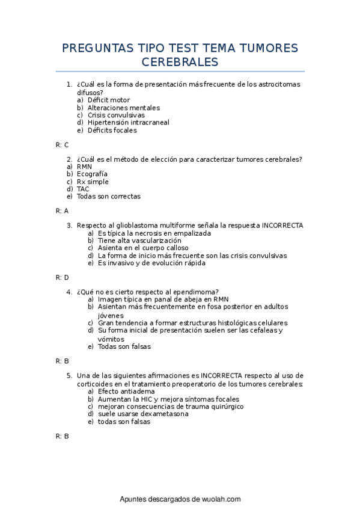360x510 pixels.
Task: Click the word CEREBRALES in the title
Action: point(180,63)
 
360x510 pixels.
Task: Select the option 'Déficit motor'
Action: point(108,100)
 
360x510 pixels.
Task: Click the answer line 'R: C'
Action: point(62,144)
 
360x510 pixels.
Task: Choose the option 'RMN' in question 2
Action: point(84,167)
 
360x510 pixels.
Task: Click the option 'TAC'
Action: point(83,189)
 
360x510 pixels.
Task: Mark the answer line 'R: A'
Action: point(62,210)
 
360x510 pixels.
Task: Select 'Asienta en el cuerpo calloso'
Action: point(143,248)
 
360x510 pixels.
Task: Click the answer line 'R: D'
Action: point(62,277)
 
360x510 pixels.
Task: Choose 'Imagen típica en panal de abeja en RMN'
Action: point(163,299)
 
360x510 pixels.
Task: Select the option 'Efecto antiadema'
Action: point(126,391)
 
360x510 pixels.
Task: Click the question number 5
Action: point(69,375)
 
